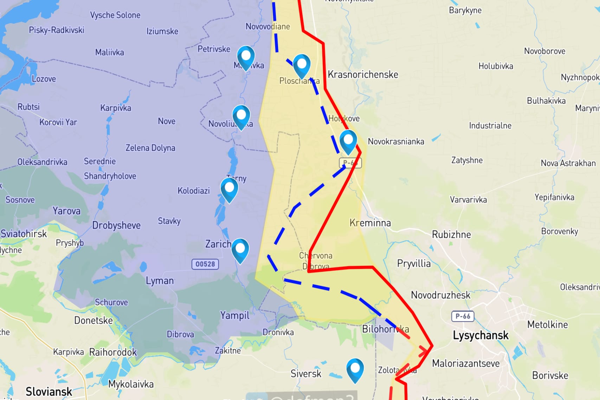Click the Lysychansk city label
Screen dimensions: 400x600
(480, 335)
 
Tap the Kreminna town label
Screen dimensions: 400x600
(370, 223)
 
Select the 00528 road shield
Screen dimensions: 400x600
(205, 264)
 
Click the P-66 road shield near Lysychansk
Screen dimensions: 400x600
(463, 316)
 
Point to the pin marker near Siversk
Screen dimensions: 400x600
(355, 369)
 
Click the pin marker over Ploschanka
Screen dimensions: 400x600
(302, 65)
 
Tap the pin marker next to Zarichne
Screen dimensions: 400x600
(240, 250)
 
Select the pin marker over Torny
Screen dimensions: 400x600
(229, 189)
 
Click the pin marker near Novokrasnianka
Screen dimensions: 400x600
(348, 141)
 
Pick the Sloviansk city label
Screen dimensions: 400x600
(49, 391)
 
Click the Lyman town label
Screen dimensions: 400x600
(160, 280)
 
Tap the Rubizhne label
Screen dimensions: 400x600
(451, 234)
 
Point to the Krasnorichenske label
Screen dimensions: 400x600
(363, 75)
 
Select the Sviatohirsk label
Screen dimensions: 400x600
(24, 234)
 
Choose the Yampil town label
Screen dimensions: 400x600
(234, 315)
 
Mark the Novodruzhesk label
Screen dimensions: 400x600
(440, 295)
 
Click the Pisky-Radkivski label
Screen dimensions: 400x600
(56, 30)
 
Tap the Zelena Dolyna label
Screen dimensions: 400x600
(150, 148)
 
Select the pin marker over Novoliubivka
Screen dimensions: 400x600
(241, 116)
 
